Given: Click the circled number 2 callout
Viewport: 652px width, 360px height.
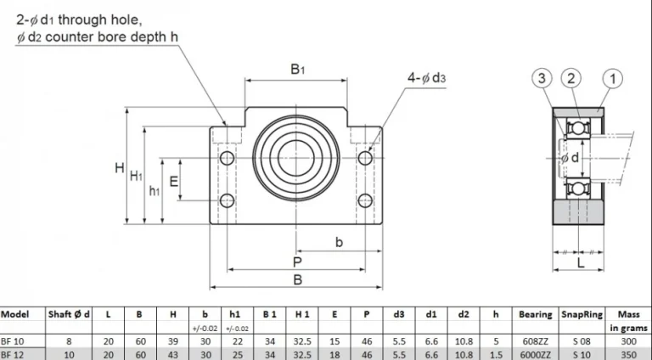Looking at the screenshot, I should (573, 79).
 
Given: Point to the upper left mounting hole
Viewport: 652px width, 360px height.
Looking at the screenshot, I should (227, 158).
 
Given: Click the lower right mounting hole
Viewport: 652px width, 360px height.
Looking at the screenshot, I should (365, 200).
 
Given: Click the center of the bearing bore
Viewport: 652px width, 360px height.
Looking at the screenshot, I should (296, 158).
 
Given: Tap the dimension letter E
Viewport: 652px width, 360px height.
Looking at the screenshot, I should (173, 181).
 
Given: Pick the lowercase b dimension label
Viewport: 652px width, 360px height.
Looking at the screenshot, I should (339, 243).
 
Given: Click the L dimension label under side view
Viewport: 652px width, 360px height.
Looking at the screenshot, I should (579, 265).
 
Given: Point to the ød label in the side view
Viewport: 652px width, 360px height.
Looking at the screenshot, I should (570, 158).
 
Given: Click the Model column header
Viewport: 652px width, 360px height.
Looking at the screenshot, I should (15, 314).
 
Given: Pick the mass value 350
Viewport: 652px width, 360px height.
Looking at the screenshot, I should (628, 354).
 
